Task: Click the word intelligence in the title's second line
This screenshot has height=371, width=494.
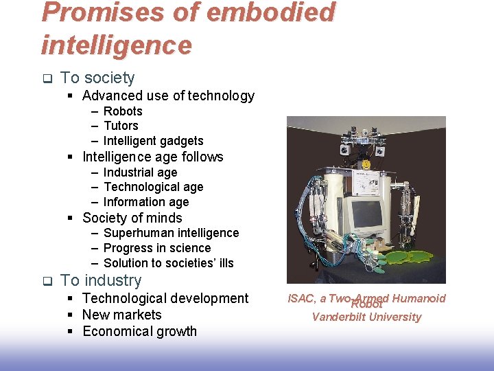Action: coord(117,45)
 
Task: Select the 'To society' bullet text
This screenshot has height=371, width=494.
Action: coord(97,78)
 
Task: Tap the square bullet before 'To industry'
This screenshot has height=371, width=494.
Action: coord(47,281)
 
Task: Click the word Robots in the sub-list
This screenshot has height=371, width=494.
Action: coord(123,111)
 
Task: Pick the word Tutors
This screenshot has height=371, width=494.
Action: coord(121,126)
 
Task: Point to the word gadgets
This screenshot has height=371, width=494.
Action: coord(180,141)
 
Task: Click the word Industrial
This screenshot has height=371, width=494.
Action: coord(129,172)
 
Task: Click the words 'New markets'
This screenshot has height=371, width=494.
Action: coord(122,315)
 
